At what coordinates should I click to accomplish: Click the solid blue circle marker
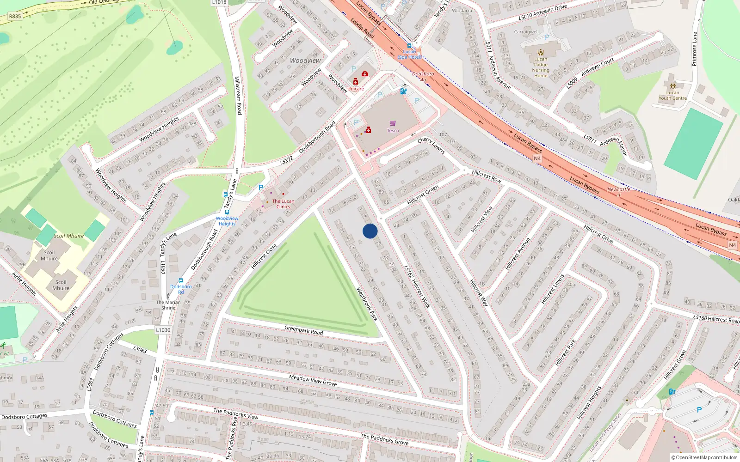(x=370, y=231)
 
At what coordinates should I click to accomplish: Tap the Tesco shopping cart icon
(x=393, y=123)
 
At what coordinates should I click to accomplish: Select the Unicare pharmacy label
(x=356, y=89)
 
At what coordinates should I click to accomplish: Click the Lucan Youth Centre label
(x=672, y=95)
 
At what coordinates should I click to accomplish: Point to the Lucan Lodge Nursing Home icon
(x=541, y=52)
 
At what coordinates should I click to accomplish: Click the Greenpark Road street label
(x=303, y=330)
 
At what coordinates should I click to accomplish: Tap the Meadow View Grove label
(x=313, y=380)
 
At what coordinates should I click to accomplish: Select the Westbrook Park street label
(x=367, y=304)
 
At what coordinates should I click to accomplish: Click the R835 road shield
(x=15, y=16)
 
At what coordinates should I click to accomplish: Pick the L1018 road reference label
(x=219, y=2)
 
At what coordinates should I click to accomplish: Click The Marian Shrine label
(x=168, y=305)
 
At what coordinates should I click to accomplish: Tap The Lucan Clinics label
(x=283, y=204)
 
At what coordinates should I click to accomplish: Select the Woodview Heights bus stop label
(x=227, y=221)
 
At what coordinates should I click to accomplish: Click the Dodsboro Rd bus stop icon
(x=181, y=280)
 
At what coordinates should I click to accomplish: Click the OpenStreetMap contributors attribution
(x=704, y=457)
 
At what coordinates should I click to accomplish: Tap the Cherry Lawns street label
(x=431, y=146)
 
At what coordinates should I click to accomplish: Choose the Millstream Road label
(x=238, y=95)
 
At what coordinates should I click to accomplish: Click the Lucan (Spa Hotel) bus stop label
(x=409, y=54)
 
